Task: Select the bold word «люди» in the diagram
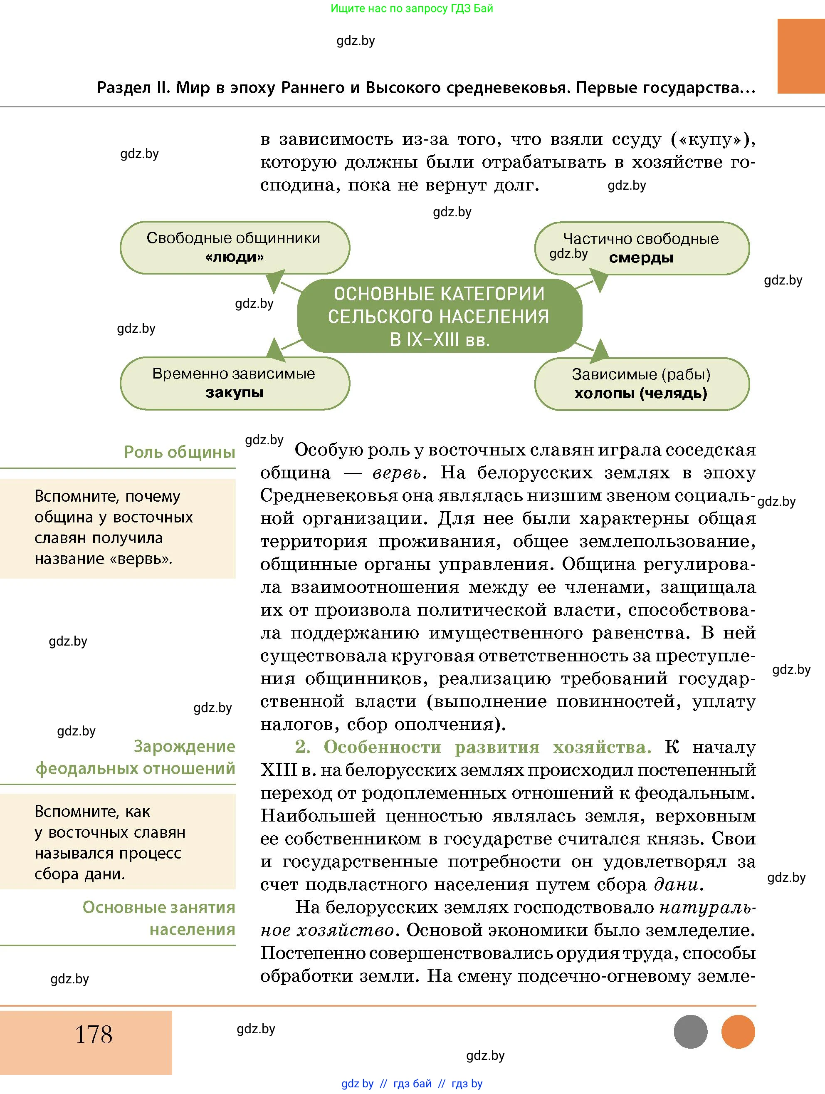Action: point(234,257)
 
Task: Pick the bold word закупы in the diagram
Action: point(234,393)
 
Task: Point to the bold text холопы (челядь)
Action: point(641,394)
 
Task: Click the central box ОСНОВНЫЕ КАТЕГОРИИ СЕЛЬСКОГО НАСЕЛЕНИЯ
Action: point(439,317)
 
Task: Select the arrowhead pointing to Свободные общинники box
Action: point(275,280)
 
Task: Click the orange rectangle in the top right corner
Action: point(801,56)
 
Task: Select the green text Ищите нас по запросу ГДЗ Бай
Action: point(411,8)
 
